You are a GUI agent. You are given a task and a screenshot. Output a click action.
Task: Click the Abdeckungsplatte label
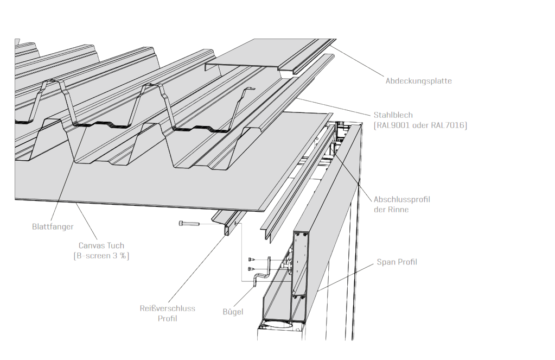pos(418,81)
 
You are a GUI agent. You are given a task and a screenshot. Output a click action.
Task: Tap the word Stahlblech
pos(393,115)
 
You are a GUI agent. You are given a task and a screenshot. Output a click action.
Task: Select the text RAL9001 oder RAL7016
pos(420,125)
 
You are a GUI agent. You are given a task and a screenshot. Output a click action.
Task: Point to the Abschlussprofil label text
pos(401,199)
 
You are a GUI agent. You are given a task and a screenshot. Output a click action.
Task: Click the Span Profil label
pos(397,262)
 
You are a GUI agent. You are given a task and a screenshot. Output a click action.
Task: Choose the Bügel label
pos(233,312)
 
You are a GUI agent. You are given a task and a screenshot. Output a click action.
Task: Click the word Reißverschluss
pos(167,308)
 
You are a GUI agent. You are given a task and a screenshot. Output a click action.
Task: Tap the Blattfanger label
pos(53,226)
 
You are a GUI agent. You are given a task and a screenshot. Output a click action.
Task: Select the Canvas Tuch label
pos(101,245)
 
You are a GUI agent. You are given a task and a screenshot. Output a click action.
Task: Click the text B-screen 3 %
pos(101,256)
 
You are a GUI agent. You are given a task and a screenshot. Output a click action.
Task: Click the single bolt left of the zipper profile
pos(188,223)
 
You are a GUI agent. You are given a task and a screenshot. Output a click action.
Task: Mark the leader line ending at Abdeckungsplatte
pos(358,62)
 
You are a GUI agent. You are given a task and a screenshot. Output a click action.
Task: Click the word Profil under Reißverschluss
pos(167,319)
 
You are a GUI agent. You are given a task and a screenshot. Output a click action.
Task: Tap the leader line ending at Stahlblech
pos(336,106)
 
